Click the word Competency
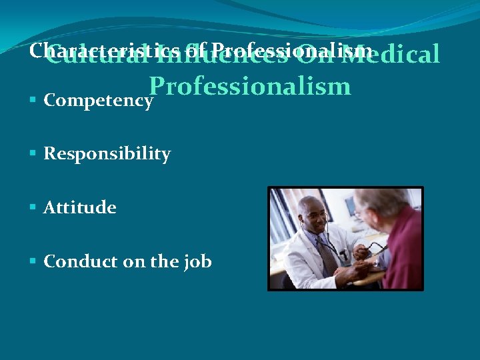(99, 101)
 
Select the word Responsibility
(107, 154)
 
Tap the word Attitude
(79, 207)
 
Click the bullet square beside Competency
(33, 101)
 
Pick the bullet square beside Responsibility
(33, 154)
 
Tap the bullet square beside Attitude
(33, 207)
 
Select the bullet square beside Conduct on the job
(33, 261)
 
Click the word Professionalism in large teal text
(250, 86)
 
